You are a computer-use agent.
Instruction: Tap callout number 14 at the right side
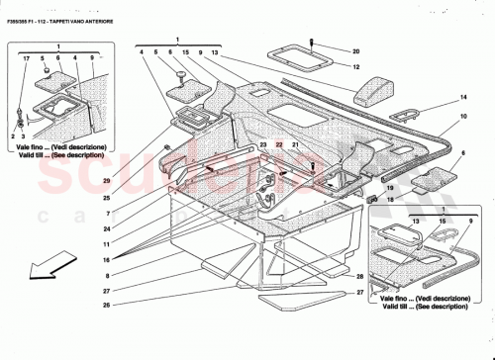[x=461, y=100]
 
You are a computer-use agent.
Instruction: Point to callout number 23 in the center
[x=263, y=145]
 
